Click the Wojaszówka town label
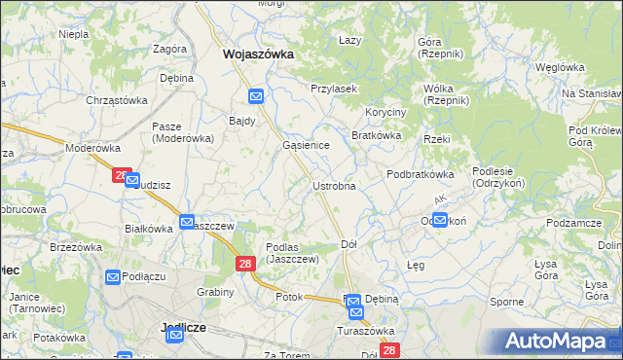[258, 55]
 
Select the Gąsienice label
[306, 144]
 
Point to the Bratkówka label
[377, 135]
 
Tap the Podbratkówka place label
[421, 174]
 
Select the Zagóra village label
[169, 49]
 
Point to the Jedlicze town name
[182, 328]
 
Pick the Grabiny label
[215, 292]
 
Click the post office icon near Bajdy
[256, 97]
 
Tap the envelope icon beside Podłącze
[112, 277]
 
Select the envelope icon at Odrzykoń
[440, 221]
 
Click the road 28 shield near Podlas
[245, 264]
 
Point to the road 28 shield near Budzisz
[121, 175]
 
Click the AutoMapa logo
[559, 342]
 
